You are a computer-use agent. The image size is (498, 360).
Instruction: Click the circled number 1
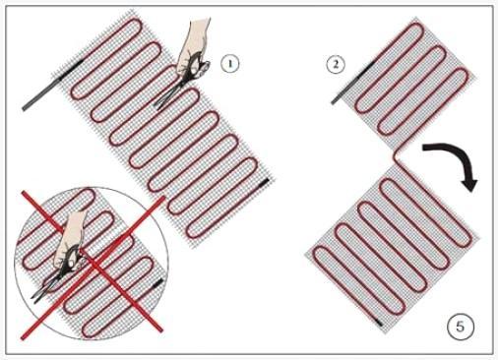click(229, 64)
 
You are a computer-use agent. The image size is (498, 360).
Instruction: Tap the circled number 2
click(336, 64)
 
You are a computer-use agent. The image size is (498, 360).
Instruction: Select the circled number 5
click(461, 327)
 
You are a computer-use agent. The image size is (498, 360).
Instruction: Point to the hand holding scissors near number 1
click(194, 42)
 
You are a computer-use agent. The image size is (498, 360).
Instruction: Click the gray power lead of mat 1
click(41, 94)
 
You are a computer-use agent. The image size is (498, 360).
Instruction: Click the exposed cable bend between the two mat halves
click(398, 156)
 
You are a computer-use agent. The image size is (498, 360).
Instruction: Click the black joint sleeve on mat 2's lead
click(361, 77)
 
